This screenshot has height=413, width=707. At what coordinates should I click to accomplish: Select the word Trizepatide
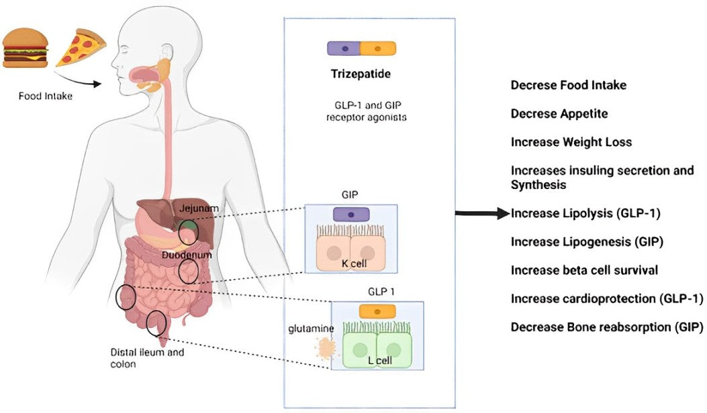click(361, 74)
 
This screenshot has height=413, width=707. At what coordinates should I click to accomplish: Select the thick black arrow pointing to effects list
click(481, 214)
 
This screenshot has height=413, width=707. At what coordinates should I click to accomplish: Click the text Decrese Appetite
click(559, 114)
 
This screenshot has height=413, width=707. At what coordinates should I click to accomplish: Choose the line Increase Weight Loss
click(571, 142)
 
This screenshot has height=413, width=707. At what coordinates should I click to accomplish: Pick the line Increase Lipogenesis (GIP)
click(587, 241)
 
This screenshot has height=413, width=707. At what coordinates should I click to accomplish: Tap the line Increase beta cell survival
click(584, 270)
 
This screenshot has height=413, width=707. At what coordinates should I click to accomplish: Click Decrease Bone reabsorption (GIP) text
click(607, 327)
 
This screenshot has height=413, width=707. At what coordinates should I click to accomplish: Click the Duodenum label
click(183, 256)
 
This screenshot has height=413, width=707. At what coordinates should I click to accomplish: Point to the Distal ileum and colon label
click(147, 358)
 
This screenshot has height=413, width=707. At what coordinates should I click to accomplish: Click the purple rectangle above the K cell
click(351, 215)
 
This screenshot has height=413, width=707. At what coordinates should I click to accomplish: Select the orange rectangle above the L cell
click(377, 311)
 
